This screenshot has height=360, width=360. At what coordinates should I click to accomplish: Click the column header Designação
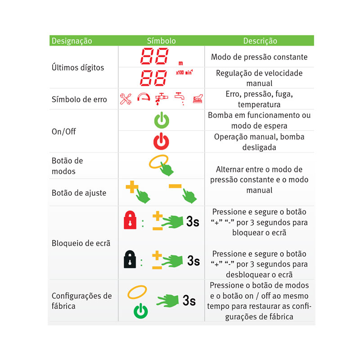point(72,41)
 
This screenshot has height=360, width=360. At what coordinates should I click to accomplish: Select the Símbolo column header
point(161,41)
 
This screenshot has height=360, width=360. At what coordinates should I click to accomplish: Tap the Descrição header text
point(260,41)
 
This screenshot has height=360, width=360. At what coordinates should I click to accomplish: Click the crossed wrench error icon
point(126,99)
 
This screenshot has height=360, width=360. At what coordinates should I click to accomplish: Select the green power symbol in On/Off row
point(162,120)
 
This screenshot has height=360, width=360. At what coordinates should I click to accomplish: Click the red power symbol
point(161,141)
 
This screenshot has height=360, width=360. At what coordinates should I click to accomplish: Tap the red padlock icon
point(130,220)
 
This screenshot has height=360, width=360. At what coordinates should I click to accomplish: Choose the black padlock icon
point(130,259)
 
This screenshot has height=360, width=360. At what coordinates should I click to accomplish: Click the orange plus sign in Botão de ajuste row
point(132,187)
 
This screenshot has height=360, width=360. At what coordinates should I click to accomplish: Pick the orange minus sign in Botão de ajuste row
point(175,186)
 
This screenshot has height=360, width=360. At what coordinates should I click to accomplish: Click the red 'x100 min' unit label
point(184,72)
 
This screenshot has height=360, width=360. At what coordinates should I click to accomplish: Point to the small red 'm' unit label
point(181,63)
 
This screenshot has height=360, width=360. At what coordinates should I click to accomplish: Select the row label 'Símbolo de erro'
point(79,99)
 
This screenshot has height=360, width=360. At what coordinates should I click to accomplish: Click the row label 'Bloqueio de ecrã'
point(81,243)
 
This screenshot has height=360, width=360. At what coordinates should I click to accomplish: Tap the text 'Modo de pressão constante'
point(259,57)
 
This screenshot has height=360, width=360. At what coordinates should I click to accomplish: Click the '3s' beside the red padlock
point(193,221)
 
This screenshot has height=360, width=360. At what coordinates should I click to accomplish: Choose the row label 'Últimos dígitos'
point(78,67)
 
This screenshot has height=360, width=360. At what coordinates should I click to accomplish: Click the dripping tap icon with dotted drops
point(180,99)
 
